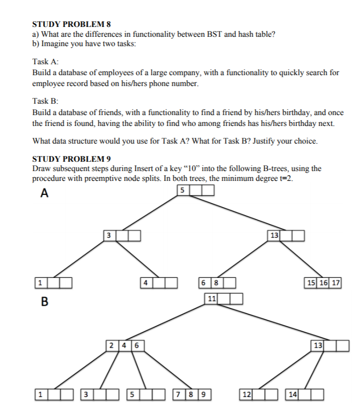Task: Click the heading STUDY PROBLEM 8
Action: pos(71,24)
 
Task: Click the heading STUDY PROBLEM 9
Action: pos(71,159)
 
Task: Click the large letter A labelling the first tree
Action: pos(45,193)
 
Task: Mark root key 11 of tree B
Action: pos(211,299)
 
